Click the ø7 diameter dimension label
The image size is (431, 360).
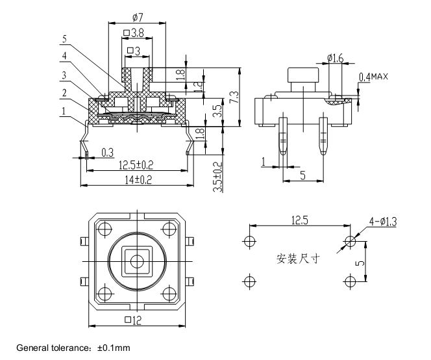[x=138, y=18]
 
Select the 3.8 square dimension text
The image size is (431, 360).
[x=134, y=33]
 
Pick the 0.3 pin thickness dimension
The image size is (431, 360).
[x=108, y=153]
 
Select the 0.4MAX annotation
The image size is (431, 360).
[x=373, y=77]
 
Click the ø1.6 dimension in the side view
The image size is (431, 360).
[x=336, y=58]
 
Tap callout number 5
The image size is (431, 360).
[x=64, y=39]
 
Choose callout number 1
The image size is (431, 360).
[x=64, y=111]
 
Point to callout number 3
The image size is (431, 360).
[x=64, y=75]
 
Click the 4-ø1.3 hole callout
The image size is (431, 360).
[x=383, y=222]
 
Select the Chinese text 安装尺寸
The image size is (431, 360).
[x=298, y=259]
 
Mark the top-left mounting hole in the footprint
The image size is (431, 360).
[x=250, y=241]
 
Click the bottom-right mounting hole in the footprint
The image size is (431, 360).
[x=350, y=281]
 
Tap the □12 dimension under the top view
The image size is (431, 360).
[x=133, y=320]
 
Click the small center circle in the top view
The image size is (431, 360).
[x=137, y=261]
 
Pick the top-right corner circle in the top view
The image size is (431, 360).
[x=169, y=229]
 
